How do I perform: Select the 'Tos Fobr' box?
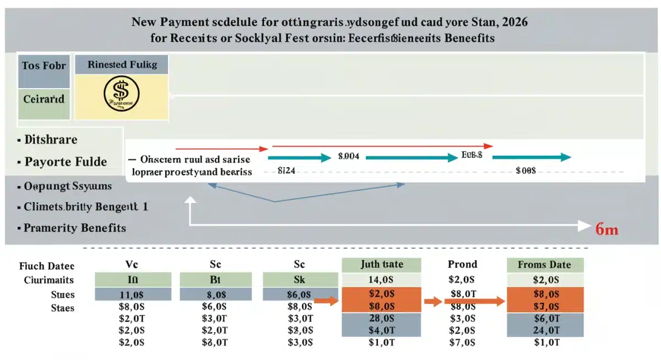coord(44,66)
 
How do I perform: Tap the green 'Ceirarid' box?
coord(44,100)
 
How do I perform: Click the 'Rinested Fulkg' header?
coord(122,64)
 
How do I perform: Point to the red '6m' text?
coord(606,229)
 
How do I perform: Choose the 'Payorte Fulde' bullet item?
coord(66,162)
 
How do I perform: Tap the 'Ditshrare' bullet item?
coord(51,140)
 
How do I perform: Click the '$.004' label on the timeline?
coord(348,156)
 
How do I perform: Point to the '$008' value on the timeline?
coord(525,171)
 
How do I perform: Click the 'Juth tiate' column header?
coord(381,264)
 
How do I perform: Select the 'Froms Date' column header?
coord(544,265)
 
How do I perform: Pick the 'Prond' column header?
coord(462,264)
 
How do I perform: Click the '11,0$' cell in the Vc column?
coord(132,294)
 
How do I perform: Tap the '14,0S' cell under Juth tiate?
coord(381,280)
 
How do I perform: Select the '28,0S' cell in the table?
coord(381,319)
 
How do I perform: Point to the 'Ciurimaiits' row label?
coord(49,280)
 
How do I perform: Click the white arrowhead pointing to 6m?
coord(583,225)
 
